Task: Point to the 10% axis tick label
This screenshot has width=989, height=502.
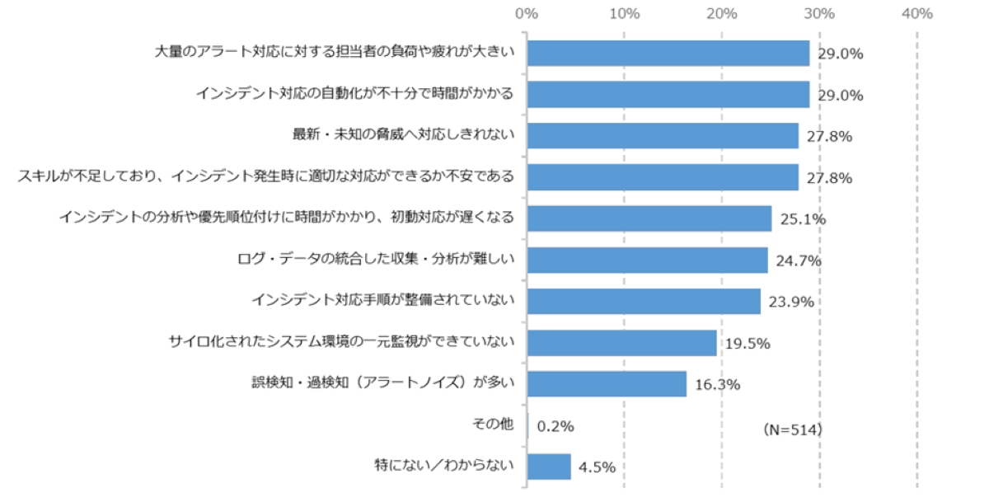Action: coord(624,14)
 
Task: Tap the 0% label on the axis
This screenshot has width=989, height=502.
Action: coord(526,14)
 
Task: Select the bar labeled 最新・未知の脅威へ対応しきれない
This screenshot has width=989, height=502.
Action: coord(662,136)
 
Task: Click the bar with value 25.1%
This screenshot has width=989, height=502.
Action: coord(649,218)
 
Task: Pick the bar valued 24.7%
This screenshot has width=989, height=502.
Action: coord(647,260)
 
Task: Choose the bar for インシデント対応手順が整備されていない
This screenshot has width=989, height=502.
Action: coord(643,302)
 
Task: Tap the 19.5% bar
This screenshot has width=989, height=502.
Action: coord(621,343)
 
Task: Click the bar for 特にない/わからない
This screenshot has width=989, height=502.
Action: coord(549,467)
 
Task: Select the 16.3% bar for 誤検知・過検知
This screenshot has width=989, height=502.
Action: coord(607,384)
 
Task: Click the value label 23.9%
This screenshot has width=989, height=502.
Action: coord(790,302)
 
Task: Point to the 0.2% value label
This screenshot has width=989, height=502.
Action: coord(555,426)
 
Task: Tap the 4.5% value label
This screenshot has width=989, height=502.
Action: coord(597,467)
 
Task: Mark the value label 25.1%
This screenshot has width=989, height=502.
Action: coord(802,219)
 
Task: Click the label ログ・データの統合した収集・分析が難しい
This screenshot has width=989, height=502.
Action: coord(375,259)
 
